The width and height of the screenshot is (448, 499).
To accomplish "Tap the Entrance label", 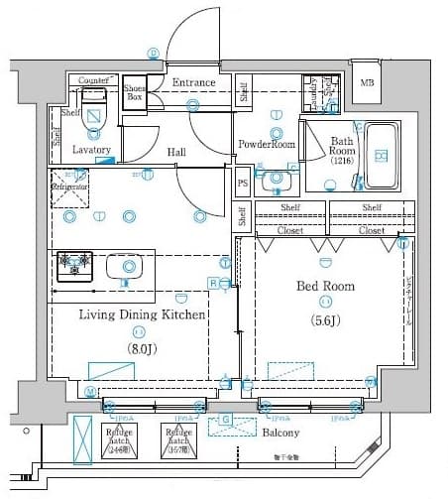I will pos(193,82).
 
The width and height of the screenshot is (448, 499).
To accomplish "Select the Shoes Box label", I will pos(135,93).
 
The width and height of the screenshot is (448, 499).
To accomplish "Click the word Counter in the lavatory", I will pos(92,79).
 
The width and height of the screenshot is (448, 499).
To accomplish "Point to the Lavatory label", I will pos(92,150).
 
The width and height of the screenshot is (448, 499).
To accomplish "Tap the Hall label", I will pos(177,152).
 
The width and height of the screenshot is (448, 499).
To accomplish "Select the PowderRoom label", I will pos(267,145).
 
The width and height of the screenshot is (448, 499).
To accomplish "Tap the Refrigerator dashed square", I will pos(71,187).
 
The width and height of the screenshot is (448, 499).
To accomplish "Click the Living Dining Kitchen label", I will pos(142,314).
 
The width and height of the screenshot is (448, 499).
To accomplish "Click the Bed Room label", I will pos(326,287).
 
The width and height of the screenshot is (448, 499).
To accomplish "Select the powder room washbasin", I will pos(273,180).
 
